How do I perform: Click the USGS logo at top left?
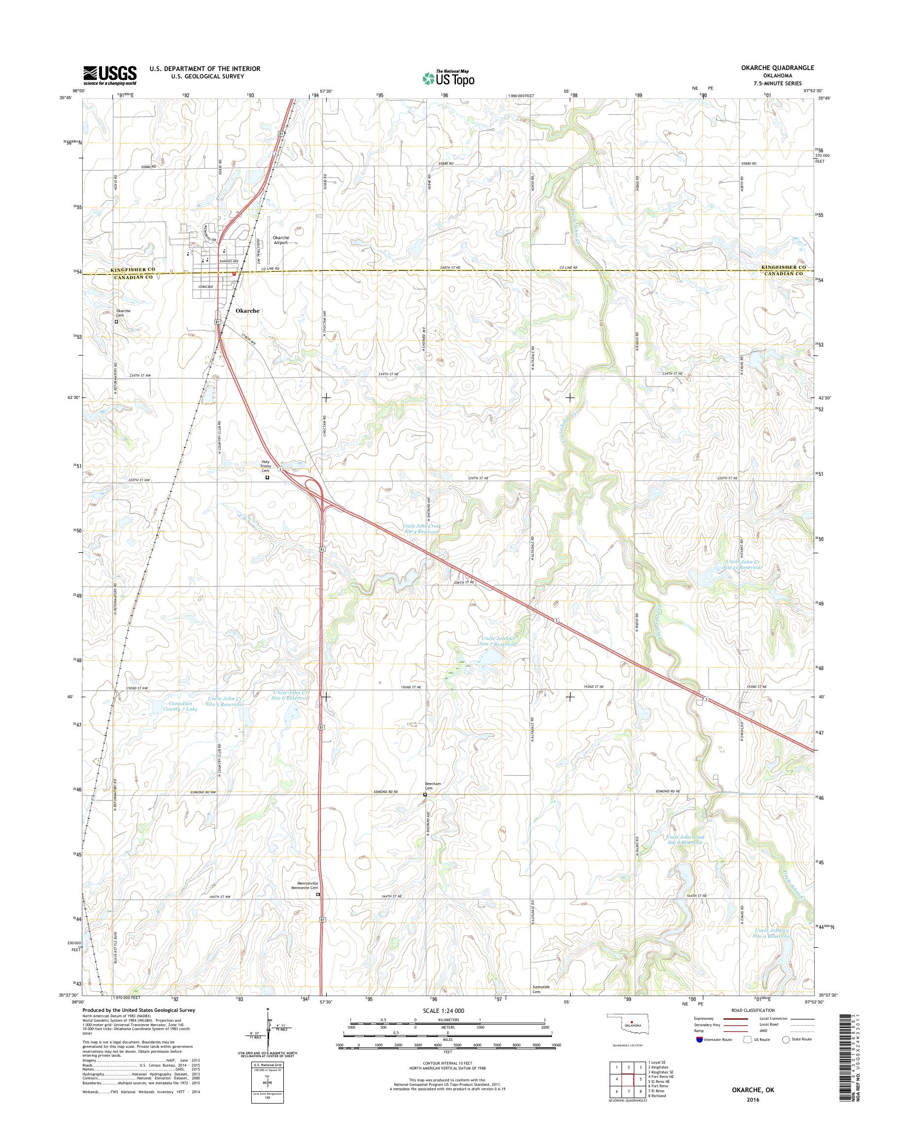point(110,75)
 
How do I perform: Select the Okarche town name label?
point(247,311)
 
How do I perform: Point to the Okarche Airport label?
point(280,240)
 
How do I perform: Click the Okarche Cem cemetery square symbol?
point(116,322)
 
